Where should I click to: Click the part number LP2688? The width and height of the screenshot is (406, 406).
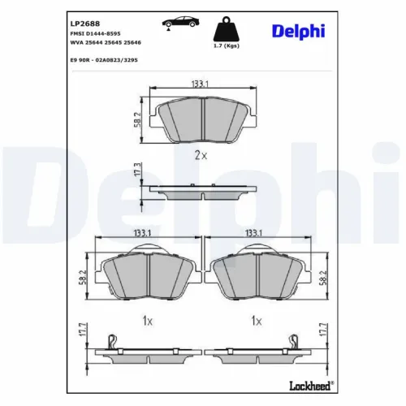pos(84,14)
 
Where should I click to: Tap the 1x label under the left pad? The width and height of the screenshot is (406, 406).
pos(147,321)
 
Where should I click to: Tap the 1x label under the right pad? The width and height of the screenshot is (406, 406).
pos(257,321)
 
